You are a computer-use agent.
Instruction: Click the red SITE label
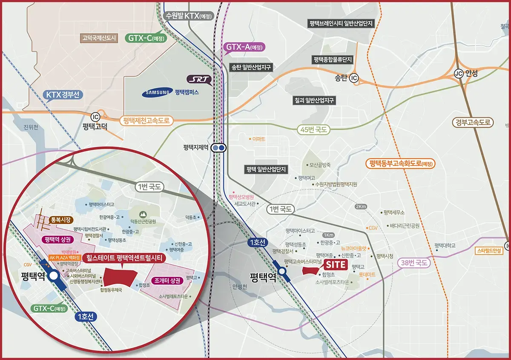click(336, 265)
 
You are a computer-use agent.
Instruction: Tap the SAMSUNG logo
click(158, 92)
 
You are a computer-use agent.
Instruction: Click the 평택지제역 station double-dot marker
click(220, 148)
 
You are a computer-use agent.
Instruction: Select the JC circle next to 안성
click(459, 73)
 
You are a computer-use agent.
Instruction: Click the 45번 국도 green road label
click(313, 130)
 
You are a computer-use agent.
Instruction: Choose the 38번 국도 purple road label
click(413, 263)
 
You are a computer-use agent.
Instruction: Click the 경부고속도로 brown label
click(473, 123)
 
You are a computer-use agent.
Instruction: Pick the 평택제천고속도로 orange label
click(146, 121)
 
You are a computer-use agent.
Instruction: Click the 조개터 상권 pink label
click(167, 281)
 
